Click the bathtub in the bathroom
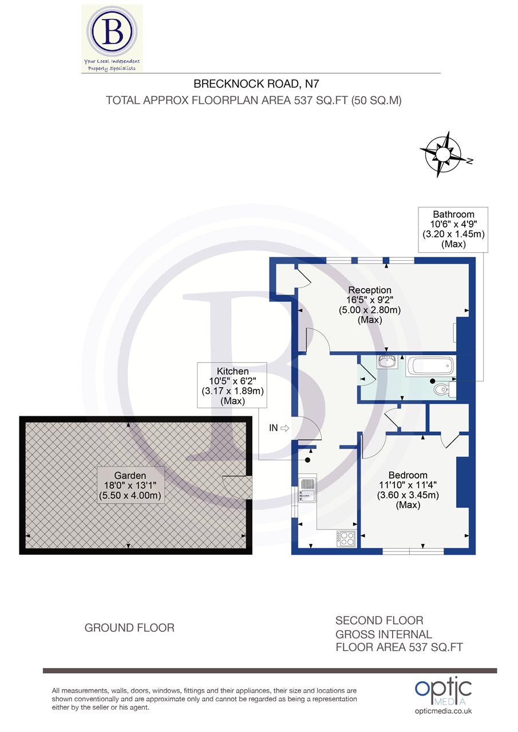[430, 366]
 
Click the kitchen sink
[307, 489]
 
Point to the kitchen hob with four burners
[347, 539]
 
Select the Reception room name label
[370, 290]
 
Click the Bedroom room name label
[408, 475]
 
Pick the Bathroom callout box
[453, 229]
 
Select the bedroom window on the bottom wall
[413, 551]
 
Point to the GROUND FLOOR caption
[129, 627]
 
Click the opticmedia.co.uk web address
[442, 711]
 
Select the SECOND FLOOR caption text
[379, 620]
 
